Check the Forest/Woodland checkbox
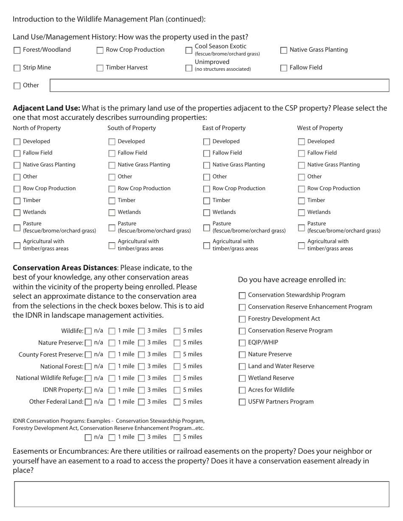tap(17, 50)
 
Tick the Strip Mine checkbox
tap(17, 68)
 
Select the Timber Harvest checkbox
tap(100, 68)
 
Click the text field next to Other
tap(219, 86)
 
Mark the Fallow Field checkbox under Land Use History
tap(284, 68)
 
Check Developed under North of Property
tap(17, 142)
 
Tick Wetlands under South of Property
tap(112, 213)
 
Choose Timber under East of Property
tap(207, 201)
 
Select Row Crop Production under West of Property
tap(302, 189)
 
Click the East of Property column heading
tap(224, 128)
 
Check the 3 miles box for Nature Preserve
tap(142, 343)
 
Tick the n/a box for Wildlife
tap(88, 331)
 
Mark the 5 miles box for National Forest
tap(177, 367)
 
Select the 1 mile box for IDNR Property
tap(112, 391)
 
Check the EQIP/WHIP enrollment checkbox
tap(242, 343)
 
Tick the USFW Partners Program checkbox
tap(242, 402)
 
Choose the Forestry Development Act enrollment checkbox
tap(242, 319)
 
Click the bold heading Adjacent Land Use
tap(46, 108)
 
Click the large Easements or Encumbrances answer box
tap(201, 494)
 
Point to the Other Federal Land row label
tap(56, 402)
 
